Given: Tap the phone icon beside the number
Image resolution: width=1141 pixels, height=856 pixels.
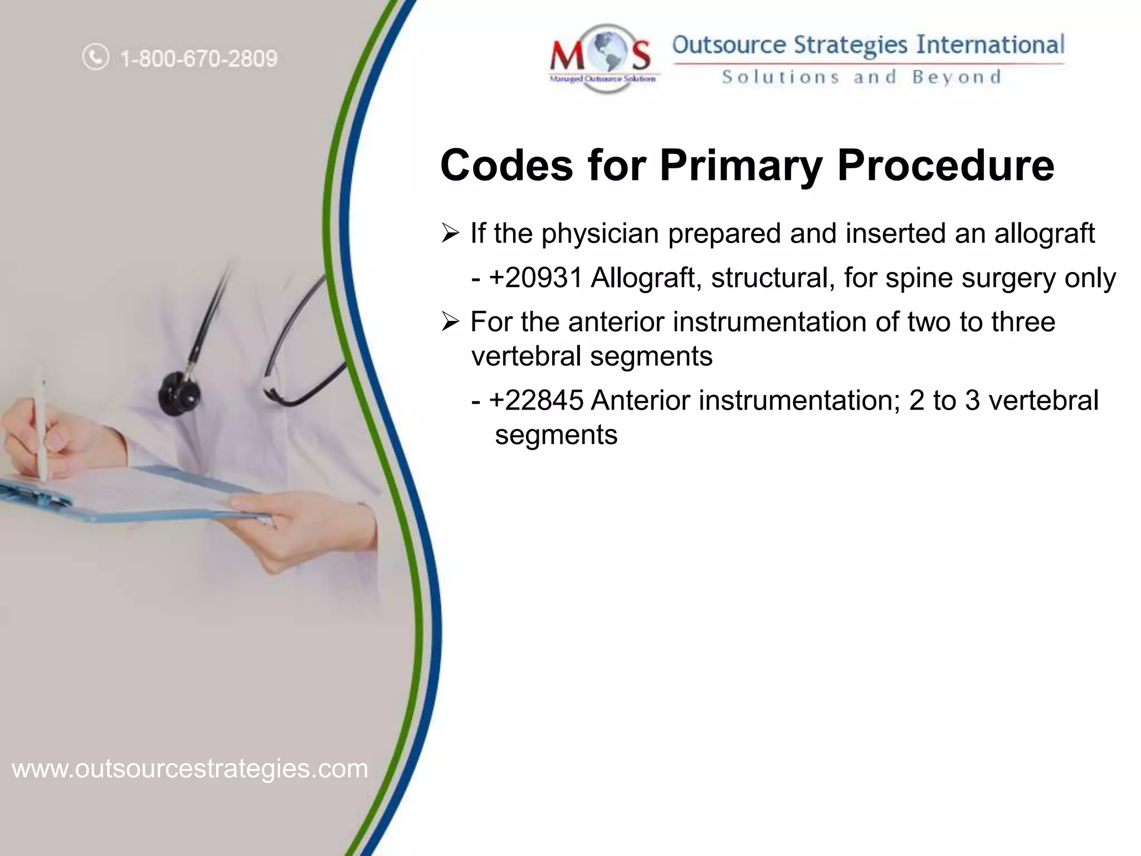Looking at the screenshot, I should point(95,57).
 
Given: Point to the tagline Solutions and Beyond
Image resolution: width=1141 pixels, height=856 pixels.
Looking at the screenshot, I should point(861,77).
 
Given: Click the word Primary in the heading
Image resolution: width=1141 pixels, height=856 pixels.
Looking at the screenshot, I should point(740,166).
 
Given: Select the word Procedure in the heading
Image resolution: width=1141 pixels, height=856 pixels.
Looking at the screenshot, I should point(945,166).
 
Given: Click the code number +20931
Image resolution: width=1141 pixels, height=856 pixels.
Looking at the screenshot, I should point(535,278).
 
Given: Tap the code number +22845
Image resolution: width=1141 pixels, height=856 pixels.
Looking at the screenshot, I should point(536,400).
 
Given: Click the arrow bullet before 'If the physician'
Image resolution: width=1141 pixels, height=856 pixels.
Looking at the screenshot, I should point(450,233).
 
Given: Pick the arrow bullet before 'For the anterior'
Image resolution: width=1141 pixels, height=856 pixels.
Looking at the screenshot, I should point(450,322).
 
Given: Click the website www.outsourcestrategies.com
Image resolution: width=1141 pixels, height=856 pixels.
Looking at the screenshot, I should point(190,769).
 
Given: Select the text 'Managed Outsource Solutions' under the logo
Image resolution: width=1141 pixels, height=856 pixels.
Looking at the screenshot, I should point(603,80).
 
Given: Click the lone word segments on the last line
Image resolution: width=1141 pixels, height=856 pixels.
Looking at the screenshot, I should point(556,435).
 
